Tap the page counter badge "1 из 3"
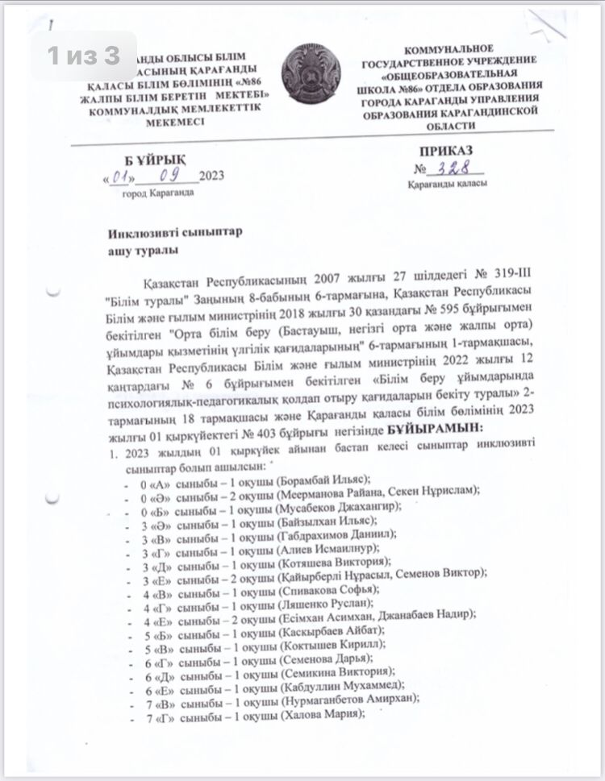[84, 56]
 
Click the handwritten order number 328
[458, 168]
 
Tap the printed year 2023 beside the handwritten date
[212, 177]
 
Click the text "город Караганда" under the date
[156, 194]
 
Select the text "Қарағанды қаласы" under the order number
[450, 186]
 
